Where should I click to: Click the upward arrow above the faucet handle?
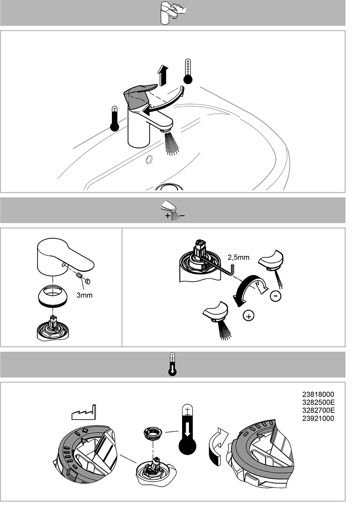163,75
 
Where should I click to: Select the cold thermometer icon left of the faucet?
114,118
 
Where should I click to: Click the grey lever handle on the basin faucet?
139,96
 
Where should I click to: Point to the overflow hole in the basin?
149,159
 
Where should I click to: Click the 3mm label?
85,295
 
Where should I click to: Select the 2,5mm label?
238,257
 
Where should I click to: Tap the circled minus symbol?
275,296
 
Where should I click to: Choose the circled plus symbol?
248,316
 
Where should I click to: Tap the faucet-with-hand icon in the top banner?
173,13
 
